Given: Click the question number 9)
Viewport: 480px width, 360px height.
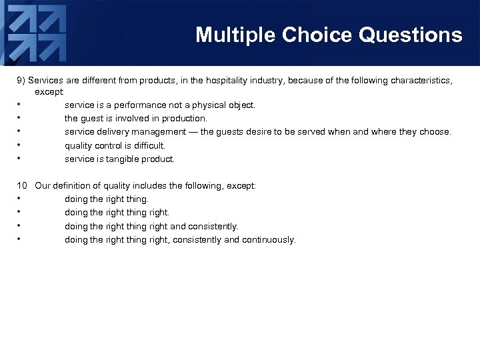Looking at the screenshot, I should tap(21, 81).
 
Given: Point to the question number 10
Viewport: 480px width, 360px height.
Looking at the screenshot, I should tap(22, 186).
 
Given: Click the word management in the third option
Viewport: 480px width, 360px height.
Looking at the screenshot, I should tap(159, 132).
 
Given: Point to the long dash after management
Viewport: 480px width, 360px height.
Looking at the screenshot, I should tap(193, 132).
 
